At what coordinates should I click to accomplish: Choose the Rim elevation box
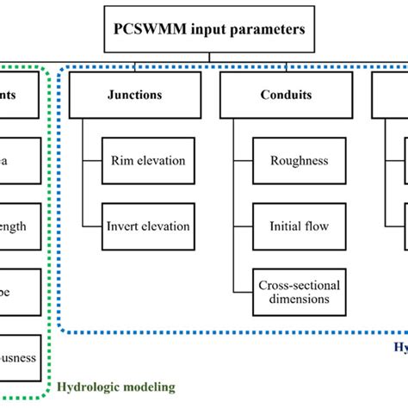click(x=148, y=159)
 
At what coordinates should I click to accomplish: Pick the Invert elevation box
click(x=148, y=226)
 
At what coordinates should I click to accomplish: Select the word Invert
click(x=127, y=226)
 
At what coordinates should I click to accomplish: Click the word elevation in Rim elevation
click(x=160, y=160)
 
